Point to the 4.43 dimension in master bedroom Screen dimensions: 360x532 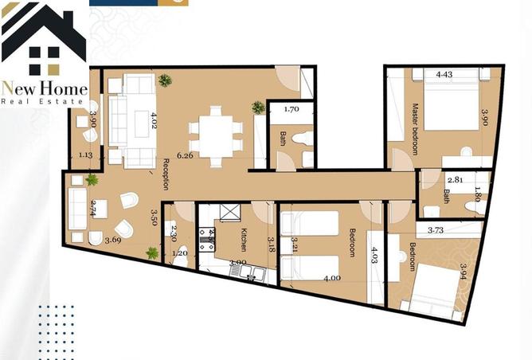click(x=444, y=76)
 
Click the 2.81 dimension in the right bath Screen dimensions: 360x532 click(x=455, y=181)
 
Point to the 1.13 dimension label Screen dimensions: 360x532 click(x=86, y=156)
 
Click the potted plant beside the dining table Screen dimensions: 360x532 click(x=258, y=107)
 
